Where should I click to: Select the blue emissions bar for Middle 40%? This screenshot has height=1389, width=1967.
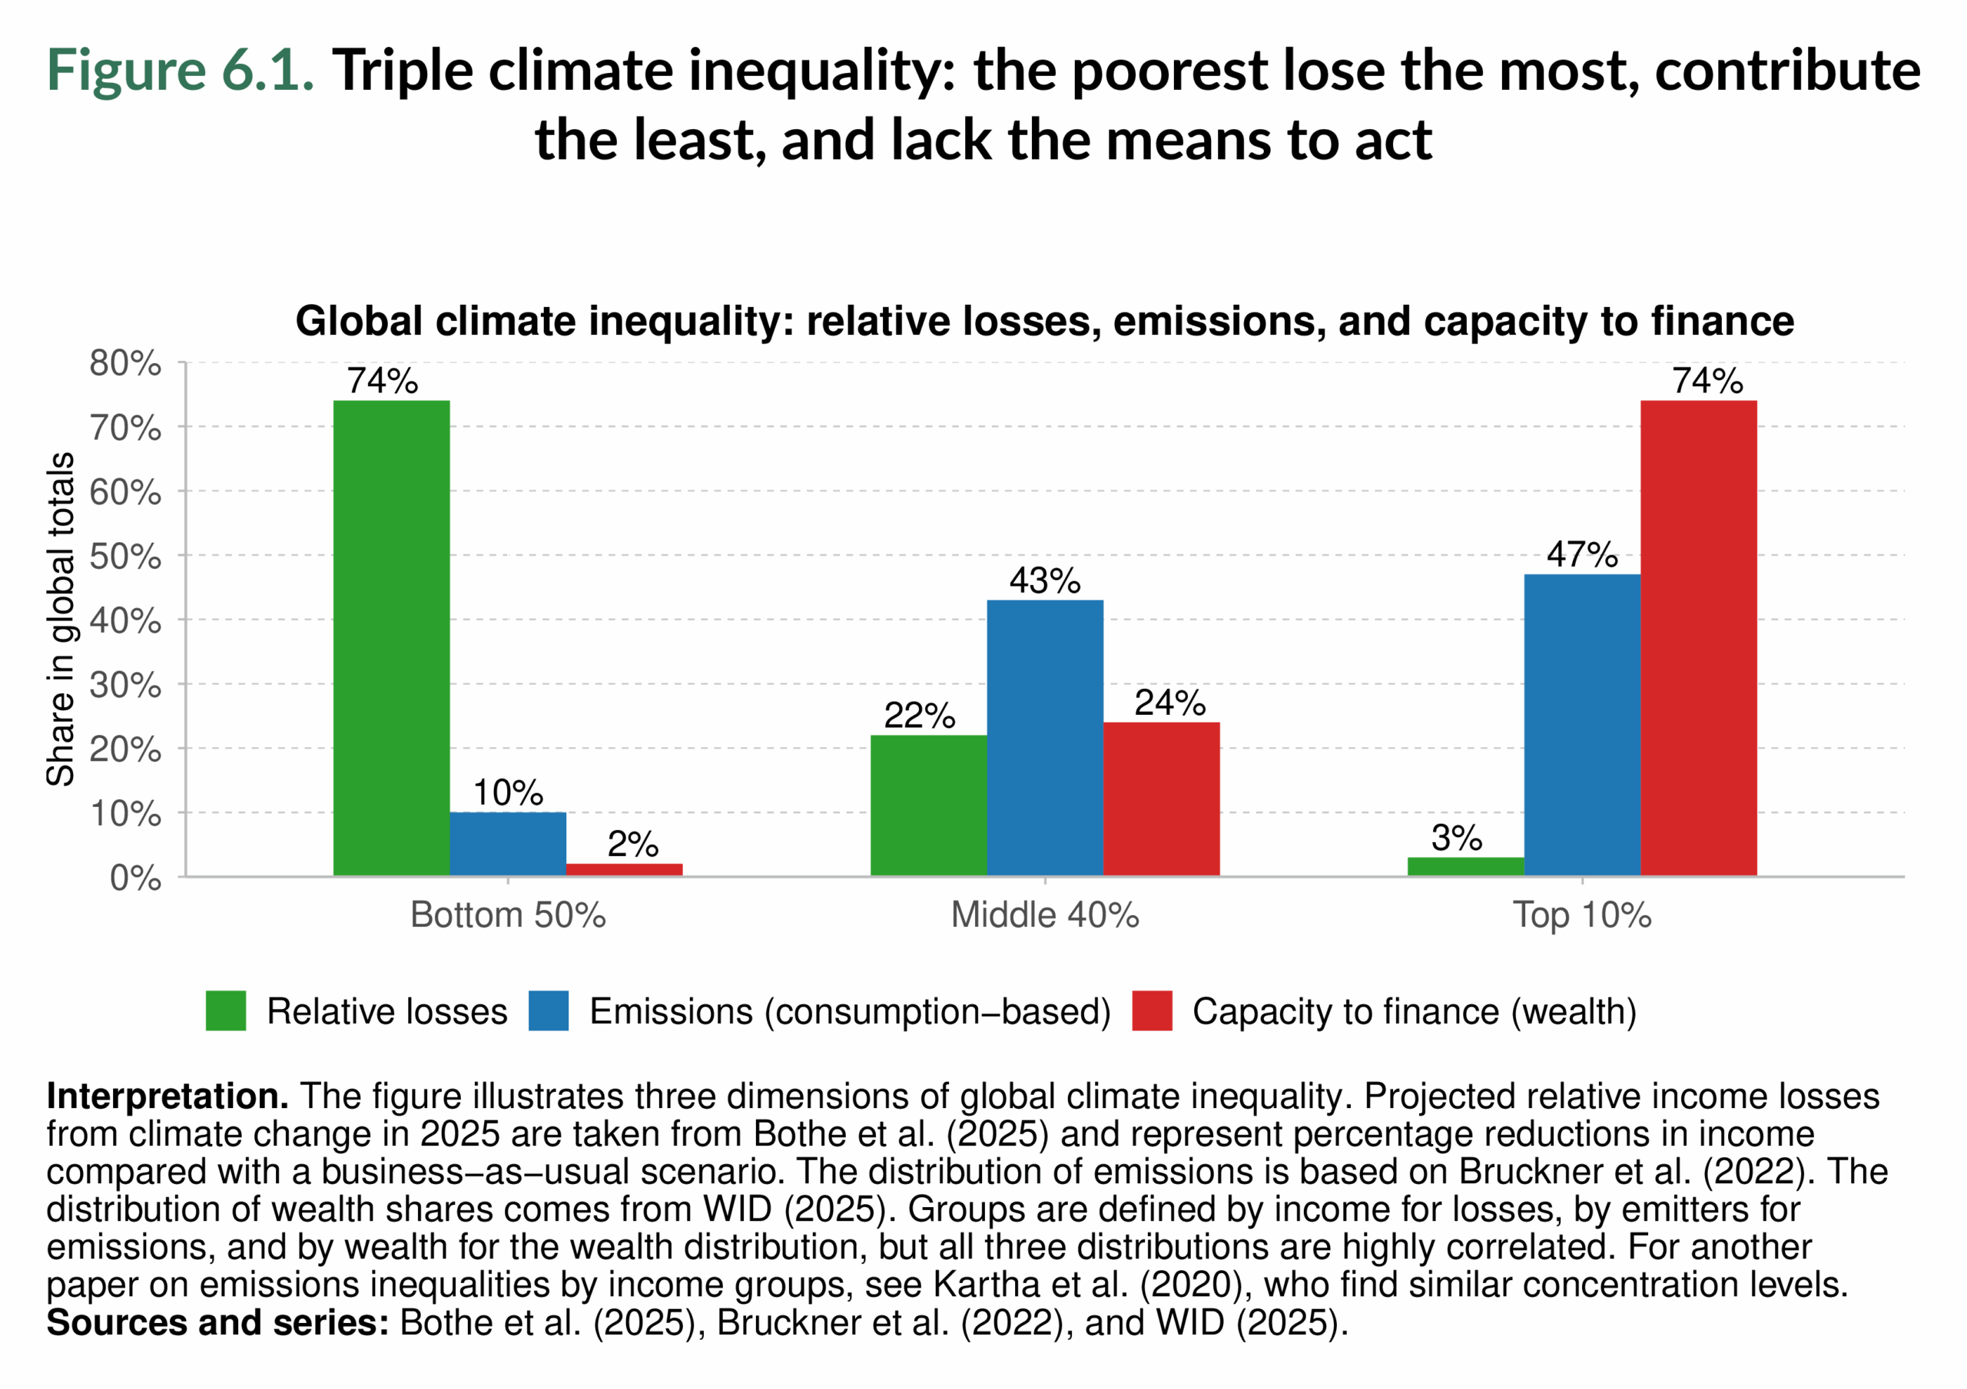pos(1044,737)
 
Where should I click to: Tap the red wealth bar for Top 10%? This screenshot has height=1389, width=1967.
pos(1698,638)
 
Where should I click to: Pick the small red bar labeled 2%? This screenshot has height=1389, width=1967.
pos(624,869)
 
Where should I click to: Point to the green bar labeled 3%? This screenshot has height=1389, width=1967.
pos(1465,866)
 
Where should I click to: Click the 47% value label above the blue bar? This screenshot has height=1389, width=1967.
pos(1581,555)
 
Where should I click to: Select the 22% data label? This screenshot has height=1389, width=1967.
pos(919,716)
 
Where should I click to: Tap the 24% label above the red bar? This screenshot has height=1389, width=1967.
pos(1169,703)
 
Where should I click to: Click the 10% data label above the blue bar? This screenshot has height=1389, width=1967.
pos(507,793)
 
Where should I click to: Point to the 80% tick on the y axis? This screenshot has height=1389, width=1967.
pos(125,364)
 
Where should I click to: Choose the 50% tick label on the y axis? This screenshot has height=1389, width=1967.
pos(125,557)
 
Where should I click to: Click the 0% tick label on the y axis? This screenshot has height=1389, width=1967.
pos(135,878)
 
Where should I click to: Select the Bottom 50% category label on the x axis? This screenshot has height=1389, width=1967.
pos(507,915)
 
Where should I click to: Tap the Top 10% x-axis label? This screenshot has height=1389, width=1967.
pos(1581,915)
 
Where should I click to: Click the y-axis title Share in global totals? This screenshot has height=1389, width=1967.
pos(61,619)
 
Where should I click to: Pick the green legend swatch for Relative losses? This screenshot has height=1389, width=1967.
pos(225,1010)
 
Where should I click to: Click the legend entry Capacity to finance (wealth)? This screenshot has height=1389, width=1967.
pos(1414,1011)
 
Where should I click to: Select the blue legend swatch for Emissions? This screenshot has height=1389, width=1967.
pos(549,1010)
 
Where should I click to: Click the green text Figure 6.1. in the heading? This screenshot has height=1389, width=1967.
pos(180,70)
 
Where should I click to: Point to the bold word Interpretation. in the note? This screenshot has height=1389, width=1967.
pos(167,1096)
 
